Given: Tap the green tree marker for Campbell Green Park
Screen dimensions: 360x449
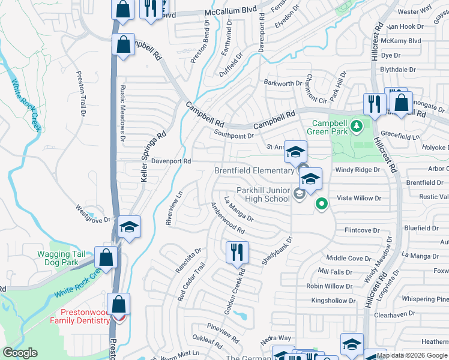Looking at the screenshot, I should tap(357, 126).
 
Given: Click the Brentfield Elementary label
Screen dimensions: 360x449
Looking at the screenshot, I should tap(255, 171).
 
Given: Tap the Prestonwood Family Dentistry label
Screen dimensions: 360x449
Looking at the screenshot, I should tap(85, 316).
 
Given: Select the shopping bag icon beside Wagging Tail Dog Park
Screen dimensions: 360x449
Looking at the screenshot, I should tap(106, 257).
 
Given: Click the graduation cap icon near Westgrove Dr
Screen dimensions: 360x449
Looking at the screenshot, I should tap(129, 227).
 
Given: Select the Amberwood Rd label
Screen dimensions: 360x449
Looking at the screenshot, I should tap(228, 218).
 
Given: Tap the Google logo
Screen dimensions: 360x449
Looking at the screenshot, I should tap(20, 353).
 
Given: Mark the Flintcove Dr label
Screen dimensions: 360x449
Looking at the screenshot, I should tap(362, 230).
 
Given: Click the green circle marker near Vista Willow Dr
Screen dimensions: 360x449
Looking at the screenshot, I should tap(322, 204).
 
